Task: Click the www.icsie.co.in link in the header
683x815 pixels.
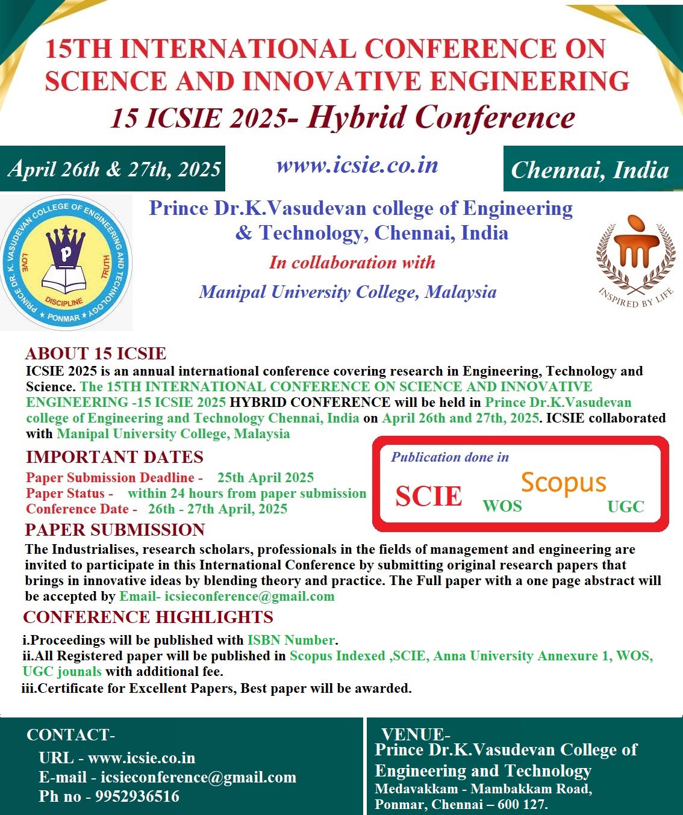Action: coord(357,166)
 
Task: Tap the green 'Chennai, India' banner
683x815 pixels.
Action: coord(590,170)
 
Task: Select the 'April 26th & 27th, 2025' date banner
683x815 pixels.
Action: coord(114,169)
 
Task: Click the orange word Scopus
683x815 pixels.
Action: coord(563,483)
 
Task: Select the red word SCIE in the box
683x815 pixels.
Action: coord(428,496)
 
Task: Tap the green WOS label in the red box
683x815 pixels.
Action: coord(502,506)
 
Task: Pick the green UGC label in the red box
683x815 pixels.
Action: coord(626,507)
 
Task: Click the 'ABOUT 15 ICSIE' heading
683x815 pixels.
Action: coord(96,353)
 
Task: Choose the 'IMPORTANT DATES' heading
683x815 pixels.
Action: coord(114,457)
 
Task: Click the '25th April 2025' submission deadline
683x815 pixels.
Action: coord(266,478)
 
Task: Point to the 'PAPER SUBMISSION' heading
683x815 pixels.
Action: coord(115,530)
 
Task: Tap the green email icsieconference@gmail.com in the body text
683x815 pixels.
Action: coord(249,597)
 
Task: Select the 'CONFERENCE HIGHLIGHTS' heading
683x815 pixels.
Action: coord(148,617)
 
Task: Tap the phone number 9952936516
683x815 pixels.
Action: coord(137,796)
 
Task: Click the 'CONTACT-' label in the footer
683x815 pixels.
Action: coord(70,735)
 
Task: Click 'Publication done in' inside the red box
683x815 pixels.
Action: coord(450,457)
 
